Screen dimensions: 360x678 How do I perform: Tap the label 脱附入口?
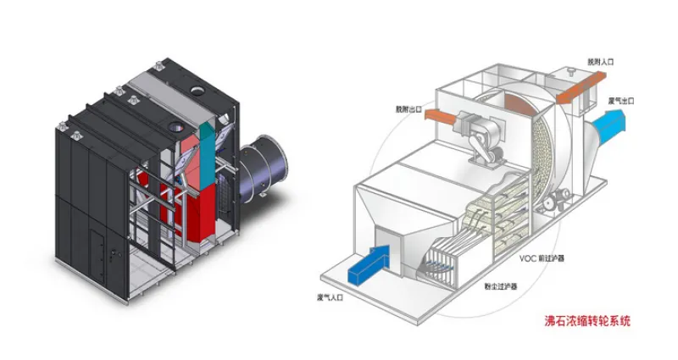[599, 61]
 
